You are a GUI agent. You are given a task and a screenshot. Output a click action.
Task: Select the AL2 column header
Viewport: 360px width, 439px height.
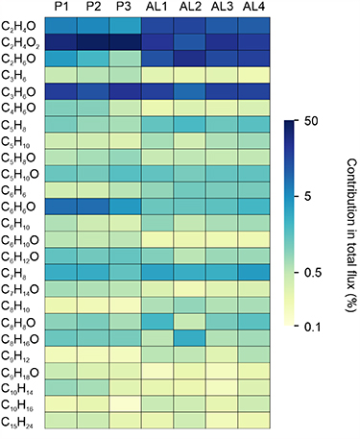[188, 8]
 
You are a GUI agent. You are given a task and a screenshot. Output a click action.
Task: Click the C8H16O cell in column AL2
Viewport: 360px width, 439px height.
[188, 338]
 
